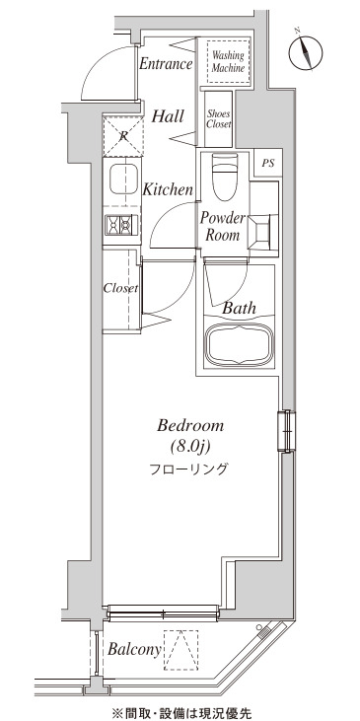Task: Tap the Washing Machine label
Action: [228, 61]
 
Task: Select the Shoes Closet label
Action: [218, 118]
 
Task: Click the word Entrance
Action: [166, 63]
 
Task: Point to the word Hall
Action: [168, 116]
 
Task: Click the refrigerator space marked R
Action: [122, 136]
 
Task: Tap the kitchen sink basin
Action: [123, 179]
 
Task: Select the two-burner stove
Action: [121, 225]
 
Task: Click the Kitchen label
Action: [168, 189]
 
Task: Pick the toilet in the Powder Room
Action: [225, 177]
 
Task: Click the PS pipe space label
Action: [267, 163]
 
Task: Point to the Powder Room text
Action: [223, 227]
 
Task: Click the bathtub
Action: [239, 345]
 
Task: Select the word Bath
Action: [239, 308]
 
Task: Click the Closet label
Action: [120, 289]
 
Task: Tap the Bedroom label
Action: [190, 426]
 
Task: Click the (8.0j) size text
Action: [190, 446]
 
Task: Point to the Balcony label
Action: [135, 649]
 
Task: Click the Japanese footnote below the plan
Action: [182, 713]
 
